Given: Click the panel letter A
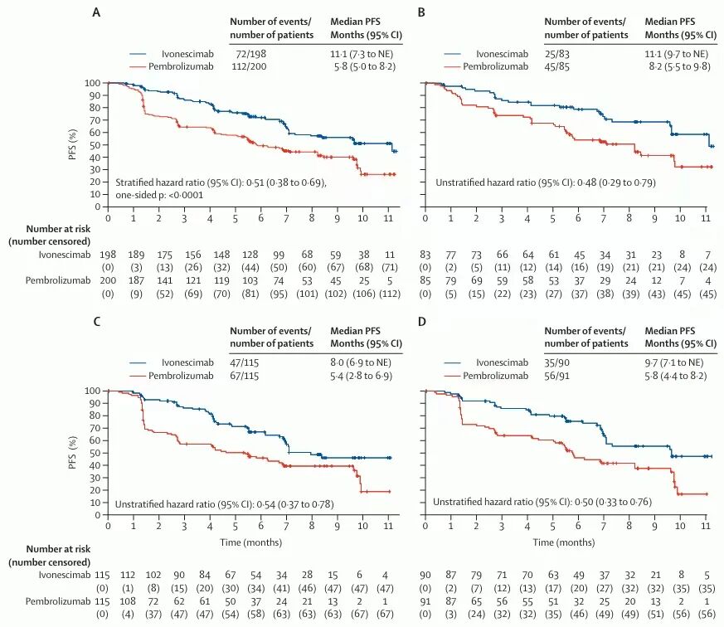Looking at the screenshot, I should click(x=96, y=14).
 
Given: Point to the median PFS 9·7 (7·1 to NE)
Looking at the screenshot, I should click(x=678, y=362).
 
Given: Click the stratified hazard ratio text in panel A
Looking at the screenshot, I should click(x=221, y=182).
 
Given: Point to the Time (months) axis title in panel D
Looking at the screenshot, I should click(x=565, y=542).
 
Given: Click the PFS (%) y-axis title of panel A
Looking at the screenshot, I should click(x=71, y=144).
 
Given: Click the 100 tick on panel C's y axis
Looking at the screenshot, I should click(x=94, y=391).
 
